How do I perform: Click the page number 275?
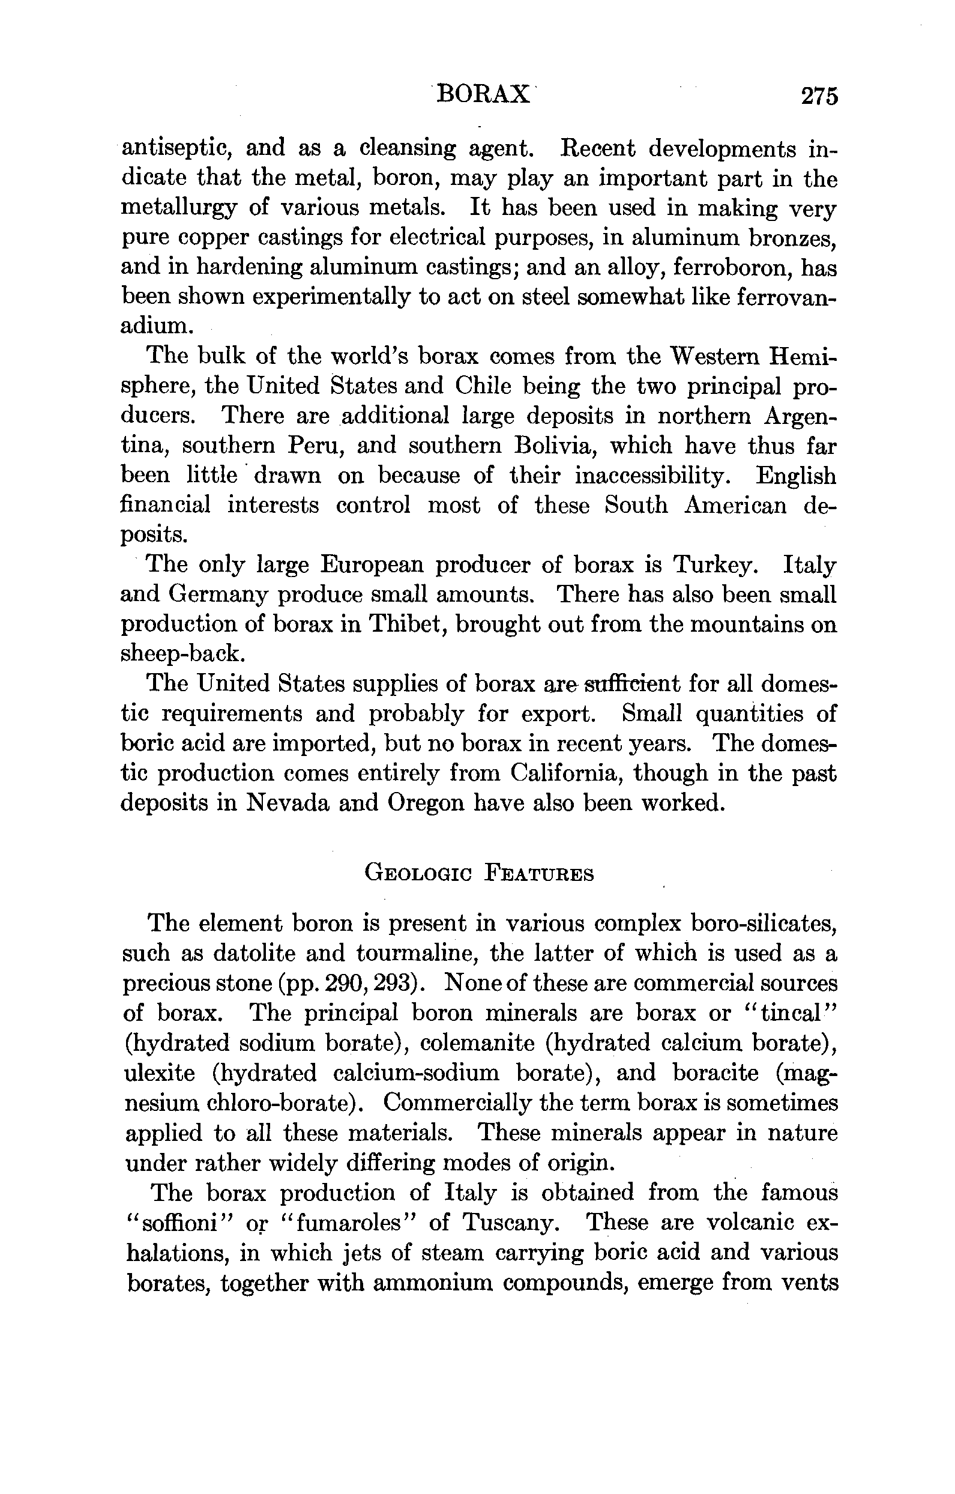pyautogui.click(x=819, y=97)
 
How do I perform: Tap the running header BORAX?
pyautogui.click(x=484, y=95)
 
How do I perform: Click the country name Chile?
pyautogui.click(x=483, y=386)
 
